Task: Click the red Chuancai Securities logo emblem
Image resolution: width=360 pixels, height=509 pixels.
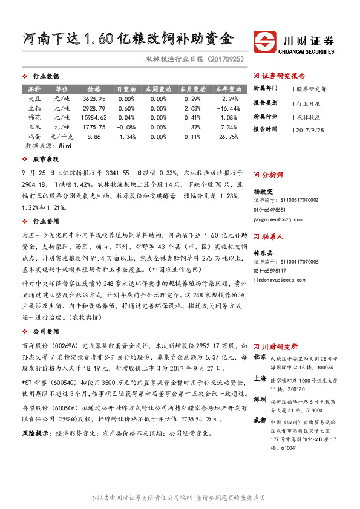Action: pyautogui.click(x=266, y=41)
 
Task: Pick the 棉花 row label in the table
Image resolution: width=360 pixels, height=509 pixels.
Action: pyautogui.click(x=35, y=117)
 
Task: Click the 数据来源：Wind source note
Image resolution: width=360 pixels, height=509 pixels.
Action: pyautogui.click(x=48, y=146)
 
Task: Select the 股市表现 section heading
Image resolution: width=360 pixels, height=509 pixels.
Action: pyautogui.click(x=46, y=160)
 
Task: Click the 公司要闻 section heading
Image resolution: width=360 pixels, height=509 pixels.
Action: pyautogui.click(x=46, y=331)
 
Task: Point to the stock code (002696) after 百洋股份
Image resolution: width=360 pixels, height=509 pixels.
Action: pyautogui.click(x=66, y=346)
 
